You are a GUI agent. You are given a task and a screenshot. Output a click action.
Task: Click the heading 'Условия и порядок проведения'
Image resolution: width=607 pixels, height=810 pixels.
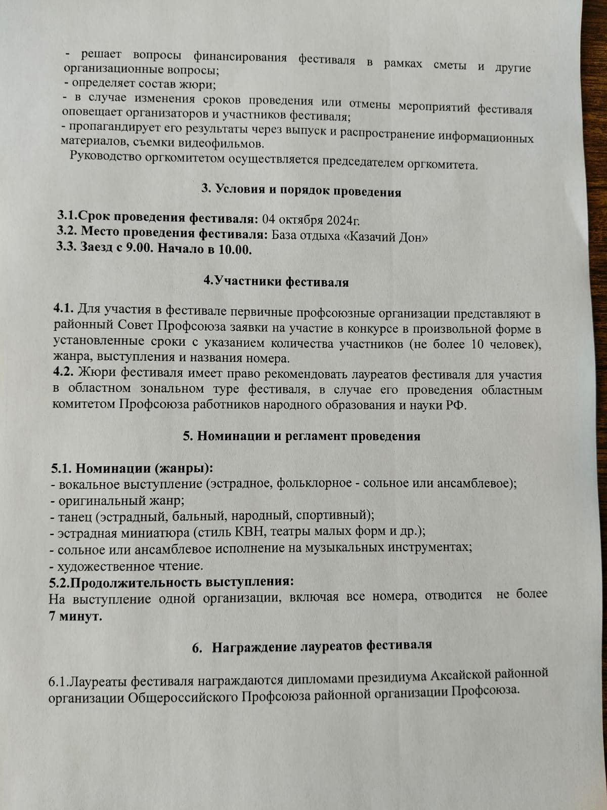[308, 191]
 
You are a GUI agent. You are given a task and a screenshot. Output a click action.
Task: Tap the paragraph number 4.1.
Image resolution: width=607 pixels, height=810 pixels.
[64, 308]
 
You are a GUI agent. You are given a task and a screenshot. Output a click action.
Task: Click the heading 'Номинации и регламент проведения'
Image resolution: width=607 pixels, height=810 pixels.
[308, 436]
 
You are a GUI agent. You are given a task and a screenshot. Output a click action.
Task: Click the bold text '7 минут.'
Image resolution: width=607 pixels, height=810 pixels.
[75, 616]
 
